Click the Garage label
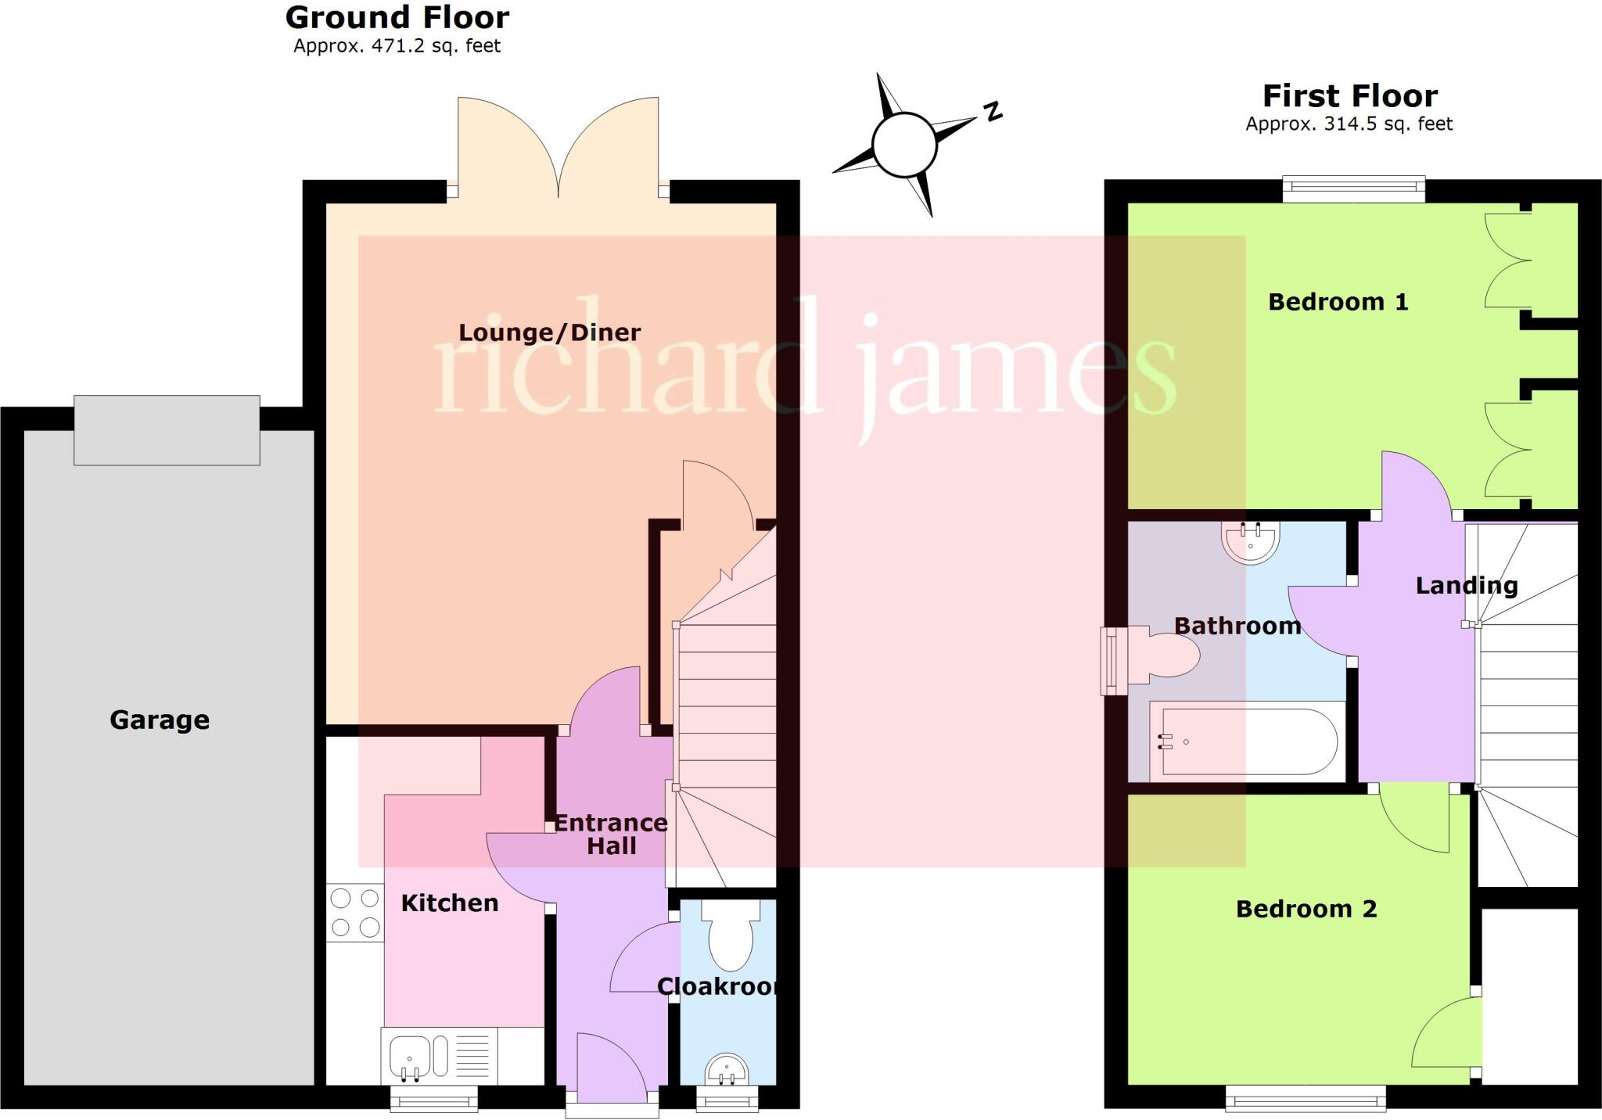[x=160, y=720]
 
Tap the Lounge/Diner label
[x=549, y=332]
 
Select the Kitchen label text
[x=450, y=903]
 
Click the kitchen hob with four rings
[x=354, y=913]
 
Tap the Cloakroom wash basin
[x=727, y=1070]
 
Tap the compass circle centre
[x=904, y=145]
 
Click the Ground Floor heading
[x=397, y=17]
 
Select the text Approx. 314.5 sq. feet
[x=1349, y=124]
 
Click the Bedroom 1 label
[x=1338, y=302]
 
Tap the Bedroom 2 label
[x=1306, y=909]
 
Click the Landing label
[x=1466, y=585]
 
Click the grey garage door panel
[x=167, y=430]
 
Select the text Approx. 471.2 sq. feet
[x=397, y=46]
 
